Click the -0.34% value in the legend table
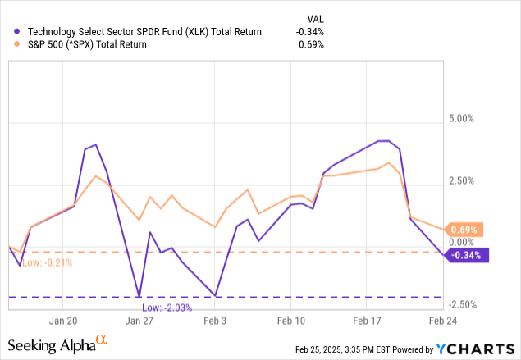point(310,32)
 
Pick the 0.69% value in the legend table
point(312,44)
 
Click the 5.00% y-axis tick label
point(458,118)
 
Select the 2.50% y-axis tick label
point(458,180)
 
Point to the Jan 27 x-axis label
point(139,321)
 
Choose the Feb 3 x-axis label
point(215,321)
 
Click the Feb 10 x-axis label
point(291,321)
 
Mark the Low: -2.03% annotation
point(167,307)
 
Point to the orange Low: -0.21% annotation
point(47,262)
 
